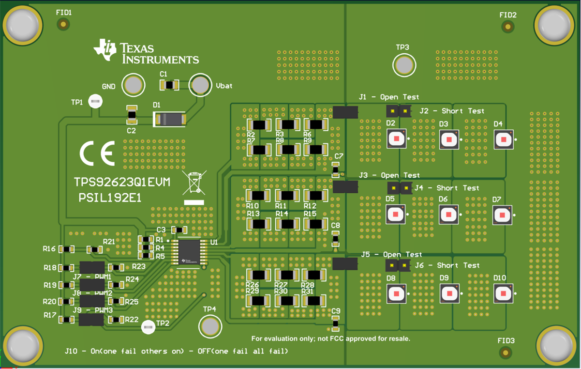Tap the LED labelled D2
point(397,139)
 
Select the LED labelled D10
point(503,293)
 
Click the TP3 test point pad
point(403,65)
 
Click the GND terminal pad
point(133,86)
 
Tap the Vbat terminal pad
point(199,85)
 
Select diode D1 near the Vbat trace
point(170,119)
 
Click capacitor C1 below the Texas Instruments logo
point(169,85)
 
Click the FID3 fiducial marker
point(506,352)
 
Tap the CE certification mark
point(97,153)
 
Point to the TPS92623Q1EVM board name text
point(122,183)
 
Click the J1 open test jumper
point(345,112)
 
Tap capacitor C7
point(335,169)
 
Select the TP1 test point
point(95,102)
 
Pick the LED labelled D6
point(448,215)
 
